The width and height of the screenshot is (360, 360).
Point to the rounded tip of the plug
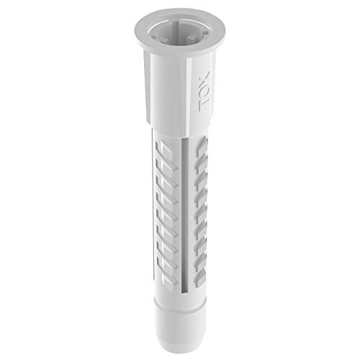(x=180, y=346)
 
